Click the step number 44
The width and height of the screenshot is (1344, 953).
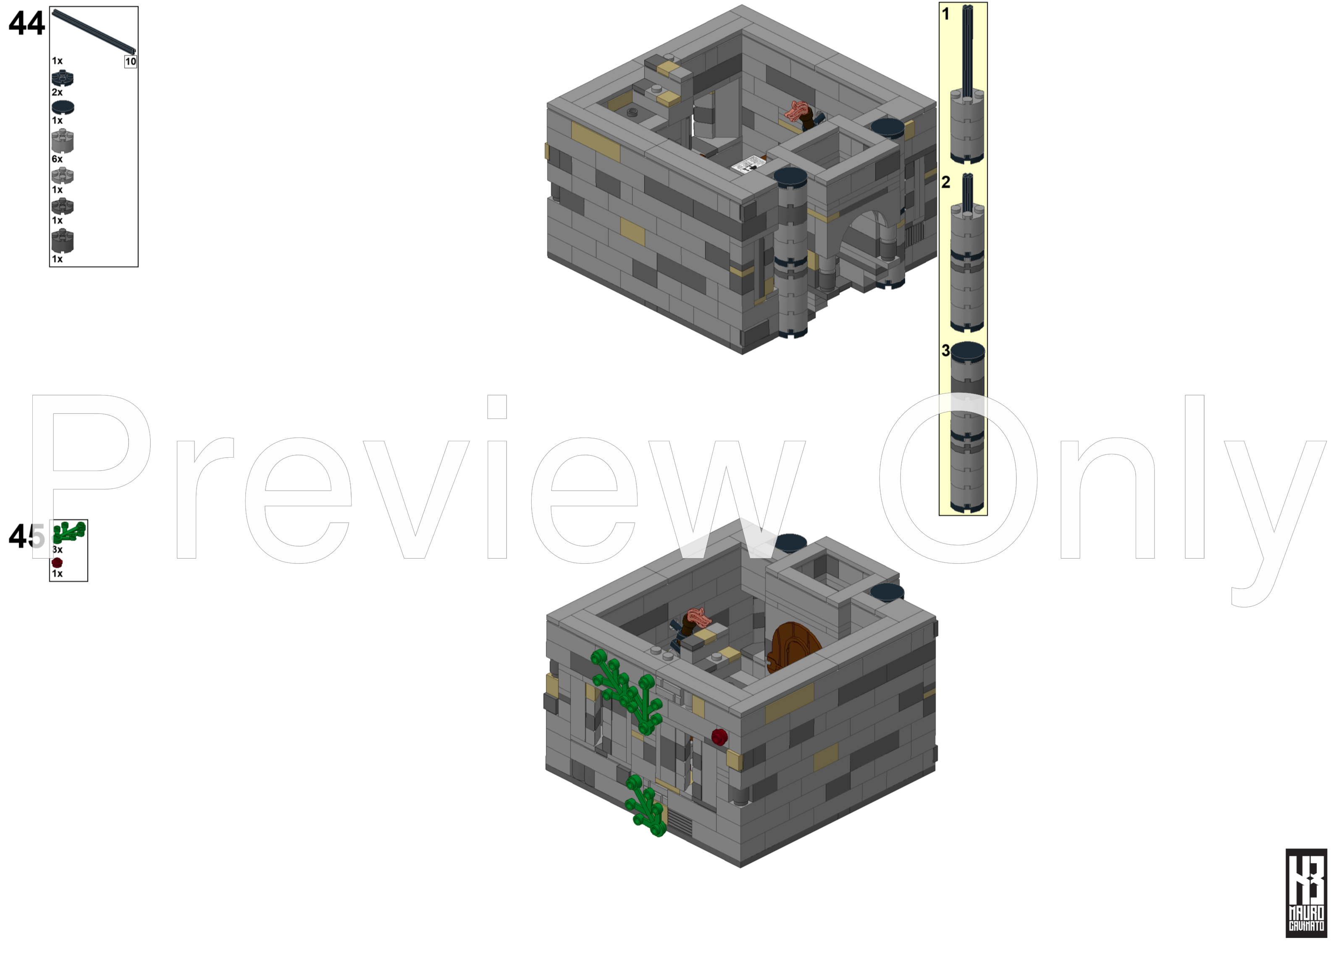point(26,24)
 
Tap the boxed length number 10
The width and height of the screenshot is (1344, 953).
point(130,62)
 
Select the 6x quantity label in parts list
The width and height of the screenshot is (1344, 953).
point(57,159)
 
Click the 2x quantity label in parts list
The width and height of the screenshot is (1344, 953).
point(57,92)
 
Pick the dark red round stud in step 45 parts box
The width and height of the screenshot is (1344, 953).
point(57,562)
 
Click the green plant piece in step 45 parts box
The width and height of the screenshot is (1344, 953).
point(69,532)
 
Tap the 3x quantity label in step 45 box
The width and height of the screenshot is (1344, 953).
point(57,550)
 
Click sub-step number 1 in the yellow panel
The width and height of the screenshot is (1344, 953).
point(945,14)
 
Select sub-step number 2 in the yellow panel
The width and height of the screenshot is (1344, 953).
point(945,183)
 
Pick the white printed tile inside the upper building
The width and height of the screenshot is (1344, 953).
point(748,164)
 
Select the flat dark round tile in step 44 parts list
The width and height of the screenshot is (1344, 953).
point(63,107)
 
